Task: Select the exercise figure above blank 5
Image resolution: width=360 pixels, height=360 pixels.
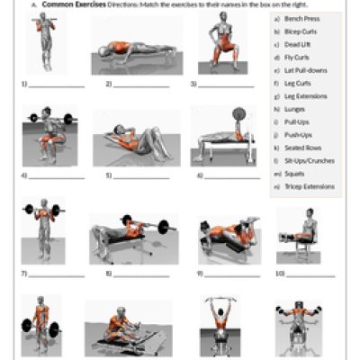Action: pyautogui.click(x=135, y=140)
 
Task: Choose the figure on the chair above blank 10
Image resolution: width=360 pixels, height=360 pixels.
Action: pyautogui.click(x=302, y=234)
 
